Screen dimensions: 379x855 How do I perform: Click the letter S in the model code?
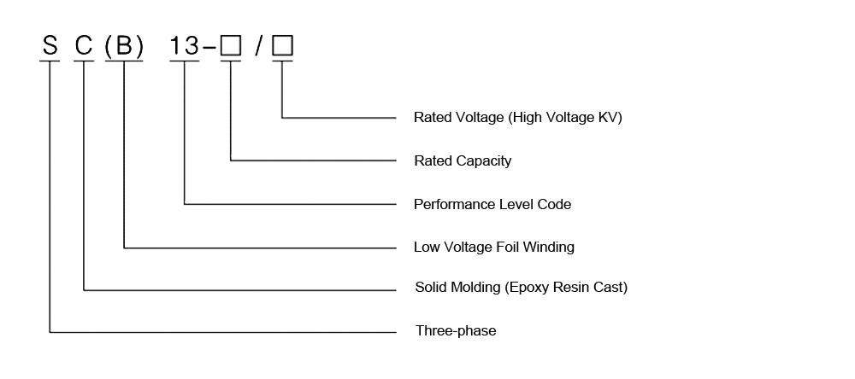coord(50,46)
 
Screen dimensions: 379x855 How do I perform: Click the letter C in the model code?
coord(84,46)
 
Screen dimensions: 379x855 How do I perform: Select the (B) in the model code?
coord(124,46)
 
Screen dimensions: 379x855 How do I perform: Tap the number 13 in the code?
coord(185,46)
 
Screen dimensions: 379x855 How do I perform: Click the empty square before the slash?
coord(231,46)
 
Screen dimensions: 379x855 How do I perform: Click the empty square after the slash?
coord(282,46)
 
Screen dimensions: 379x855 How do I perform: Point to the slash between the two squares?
coord(257,46)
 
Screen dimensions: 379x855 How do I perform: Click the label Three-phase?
coord(455,330)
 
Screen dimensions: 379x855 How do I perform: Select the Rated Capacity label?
coord(463,160)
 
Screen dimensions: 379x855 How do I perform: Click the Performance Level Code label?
coord(492,204)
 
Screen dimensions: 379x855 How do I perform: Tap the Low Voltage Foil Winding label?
coord(493,247)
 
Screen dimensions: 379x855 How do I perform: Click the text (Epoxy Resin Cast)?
coord(566,287)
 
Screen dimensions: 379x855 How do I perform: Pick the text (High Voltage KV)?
coord(565,117)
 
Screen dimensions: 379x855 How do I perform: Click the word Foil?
coord(508,247)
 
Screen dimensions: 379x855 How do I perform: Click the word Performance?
coord(450,204)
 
